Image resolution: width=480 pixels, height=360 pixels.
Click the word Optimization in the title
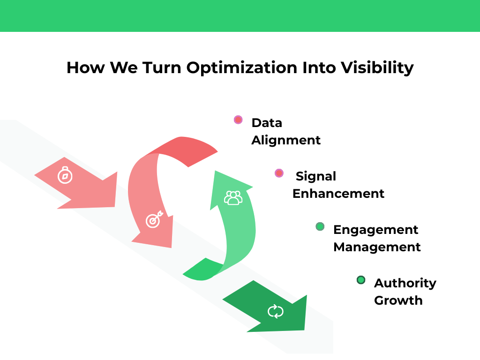tap(241, 68)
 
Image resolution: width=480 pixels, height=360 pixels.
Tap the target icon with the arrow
tap(153, 219)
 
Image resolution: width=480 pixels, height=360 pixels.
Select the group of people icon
tap(233, 198)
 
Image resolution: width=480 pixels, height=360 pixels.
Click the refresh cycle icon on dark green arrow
tap(276, 311)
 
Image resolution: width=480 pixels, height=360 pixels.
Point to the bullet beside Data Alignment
tap(238, 120)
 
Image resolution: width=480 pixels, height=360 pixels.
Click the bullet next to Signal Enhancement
tap(279, 173)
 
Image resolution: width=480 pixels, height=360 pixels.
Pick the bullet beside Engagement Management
tap(320, 227)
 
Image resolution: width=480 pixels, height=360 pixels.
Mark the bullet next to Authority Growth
tap(361, 280)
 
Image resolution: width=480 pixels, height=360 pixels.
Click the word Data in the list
tap(267, 123)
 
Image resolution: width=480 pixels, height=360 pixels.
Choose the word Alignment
tap(286, 140)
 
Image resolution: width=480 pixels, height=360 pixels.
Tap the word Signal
tap(316, 176)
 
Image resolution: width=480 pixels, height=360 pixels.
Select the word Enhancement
tap(338, 194)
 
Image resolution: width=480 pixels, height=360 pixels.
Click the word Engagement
tap(375, 230)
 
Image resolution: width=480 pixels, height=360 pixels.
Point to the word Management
tap(377, 247)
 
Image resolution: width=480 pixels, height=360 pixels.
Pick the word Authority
tap(405, 283)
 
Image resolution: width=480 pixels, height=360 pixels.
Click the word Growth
tap(398, 300)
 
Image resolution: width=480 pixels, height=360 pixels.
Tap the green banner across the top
tap(240, 15)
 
